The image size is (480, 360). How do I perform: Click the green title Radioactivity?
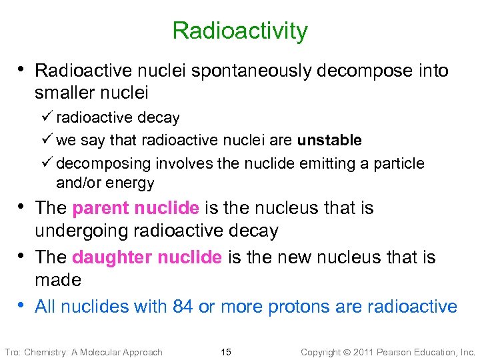coord(240,31)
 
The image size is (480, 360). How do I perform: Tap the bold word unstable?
coord(329,141)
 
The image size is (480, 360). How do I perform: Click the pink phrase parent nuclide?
coord(135,209)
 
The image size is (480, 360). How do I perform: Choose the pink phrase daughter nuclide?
coord(147,257)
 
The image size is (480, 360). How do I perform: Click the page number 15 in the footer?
coord(226,352)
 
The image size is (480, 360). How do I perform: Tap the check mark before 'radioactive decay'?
coord(48,117)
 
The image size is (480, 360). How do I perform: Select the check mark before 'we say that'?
coord(48,140)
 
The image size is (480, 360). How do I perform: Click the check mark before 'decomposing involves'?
coord(48,163)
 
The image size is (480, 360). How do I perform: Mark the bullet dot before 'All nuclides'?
coord(23,305)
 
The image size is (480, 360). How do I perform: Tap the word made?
coord(58,280)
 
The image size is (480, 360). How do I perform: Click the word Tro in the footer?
coord(12,352)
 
